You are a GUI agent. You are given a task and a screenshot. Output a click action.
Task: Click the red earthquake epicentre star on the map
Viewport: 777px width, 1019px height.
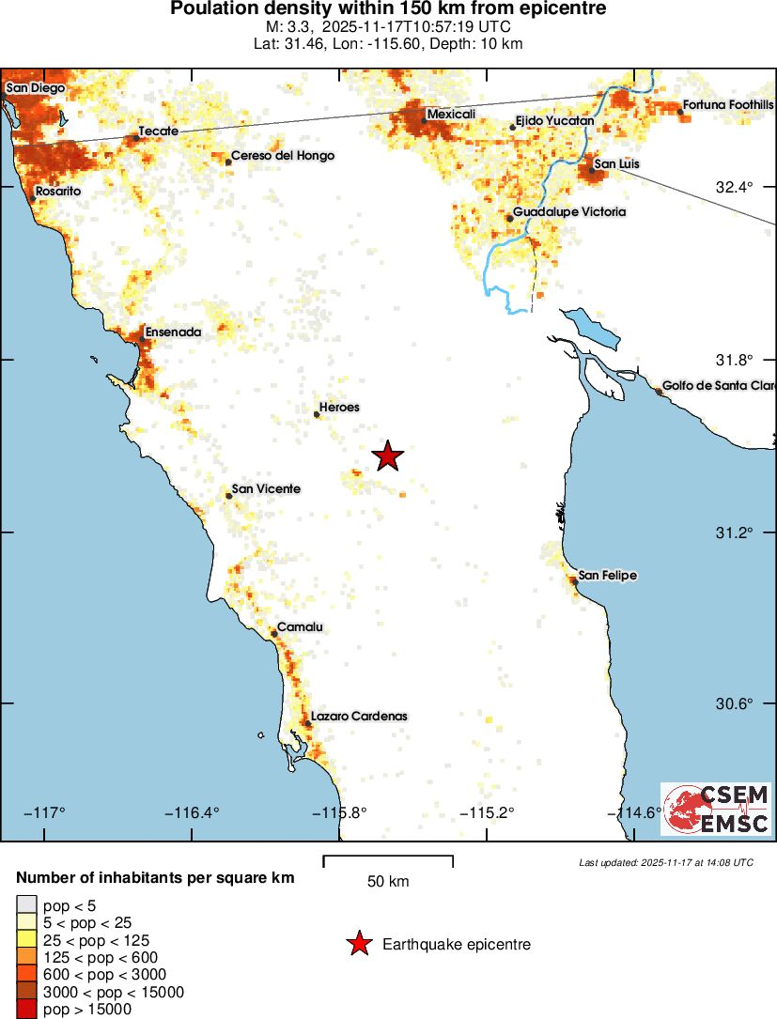tap(387, 456)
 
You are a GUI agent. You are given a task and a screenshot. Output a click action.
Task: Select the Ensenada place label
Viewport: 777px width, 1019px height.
tap(173, 332)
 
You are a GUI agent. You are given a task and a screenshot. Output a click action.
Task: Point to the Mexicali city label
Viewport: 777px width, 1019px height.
tap(451, 115)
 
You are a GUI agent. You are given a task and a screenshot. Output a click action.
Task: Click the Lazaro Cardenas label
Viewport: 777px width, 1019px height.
tap(359, 716)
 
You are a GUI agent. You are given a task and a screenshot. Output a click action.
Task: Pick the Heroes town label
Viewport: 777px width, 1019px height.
tap(339, 408)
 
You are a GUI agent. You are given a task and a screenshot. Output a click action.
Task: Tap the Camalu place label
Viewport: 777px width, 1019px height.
tap(300, 628)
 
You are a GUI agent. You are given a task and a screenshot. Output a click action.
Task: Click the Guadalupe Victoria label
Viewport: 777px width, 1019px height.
tap(568, 212)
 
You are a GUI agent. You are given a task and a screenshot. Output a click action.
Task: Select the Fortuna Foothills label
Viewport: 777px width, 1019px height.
tap(728, 104)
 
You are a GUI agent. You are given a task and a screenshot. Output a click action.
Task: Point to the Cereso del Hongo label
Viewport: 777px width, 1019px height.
tap(282, 156)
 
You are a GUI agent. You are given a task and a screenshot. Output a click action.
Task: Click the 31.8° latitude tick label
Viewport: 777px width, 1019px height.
tap(735, 360)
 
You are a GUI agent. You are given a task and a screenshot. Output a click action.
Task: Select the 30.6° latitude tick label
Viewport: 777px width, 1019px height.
tap(735, 704)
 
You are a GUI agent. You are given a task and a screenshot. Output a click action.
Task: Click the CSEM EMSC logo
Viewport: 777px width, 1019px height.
tap(716, 810)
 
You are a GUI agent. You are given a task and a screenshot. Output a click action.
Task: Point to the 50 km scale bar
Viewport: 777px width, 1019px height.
tap(388, 861)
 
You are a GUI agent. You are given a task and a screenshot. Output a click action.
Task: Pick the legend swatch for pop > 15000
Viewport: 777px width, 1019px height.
tap(25, 1010)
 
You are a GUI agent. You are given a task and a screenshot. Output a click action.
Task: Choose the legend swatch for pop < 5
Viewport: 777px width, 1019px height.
tap(25, 904)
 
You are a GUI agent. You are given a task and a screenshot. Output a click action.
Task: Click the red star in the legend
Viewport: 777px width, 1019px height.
tap(358, 944)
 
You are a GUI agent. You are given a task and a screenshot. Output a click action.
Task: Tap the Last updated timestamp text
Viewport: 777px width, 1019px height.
tap(665, 862)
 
